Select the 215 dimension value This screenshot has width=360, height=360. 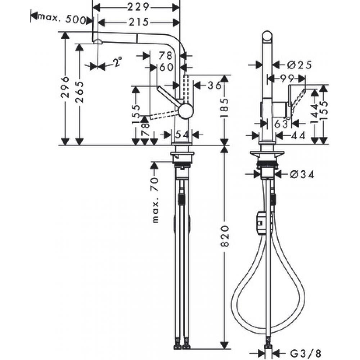138,22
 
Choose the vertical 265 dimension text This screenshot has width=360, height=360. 80,92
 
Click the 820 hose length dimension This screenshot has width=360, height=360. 224,237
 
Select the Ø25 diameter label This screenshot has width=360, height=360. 299,65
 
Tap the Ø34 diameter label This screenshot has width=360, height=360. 302,175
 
